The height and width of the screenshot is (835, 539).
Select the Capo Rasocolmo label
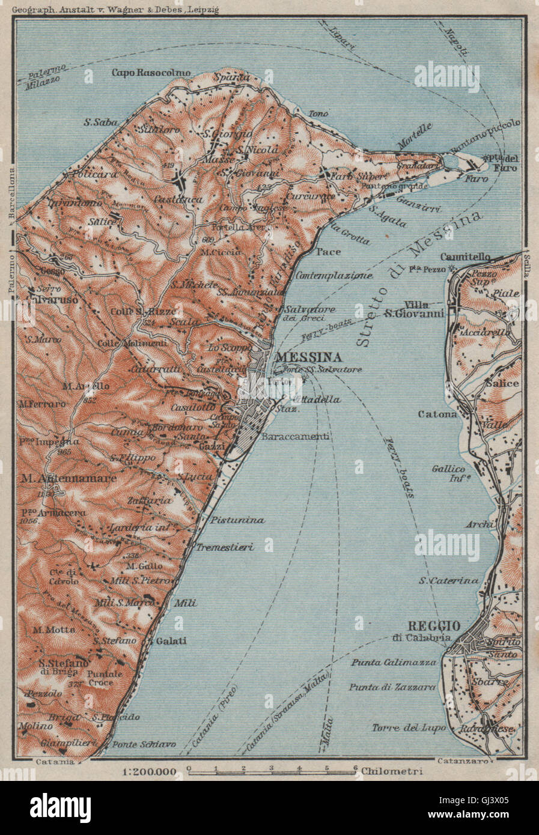pos(150,73)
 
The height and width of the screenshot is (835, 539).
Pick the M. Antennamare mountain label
pos(59,478)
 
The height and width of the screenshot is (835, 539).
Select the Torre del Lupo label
pos(409,727)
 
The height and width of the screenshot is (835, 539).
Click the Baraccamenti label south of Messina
pos(298,437)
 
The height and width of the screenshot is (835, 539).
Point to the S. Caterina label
pos(449,580)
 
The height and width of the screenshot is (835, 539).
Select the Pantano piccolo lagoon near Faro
pos(453,161)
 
